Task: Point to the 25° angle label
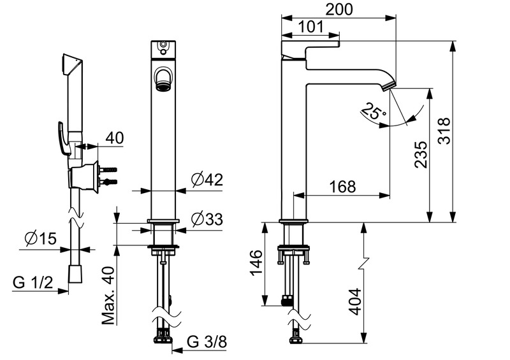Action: [373, 113]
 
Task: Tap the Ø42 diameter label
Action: [206, 181]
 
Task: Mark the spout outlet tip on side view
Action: [390, 86]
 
